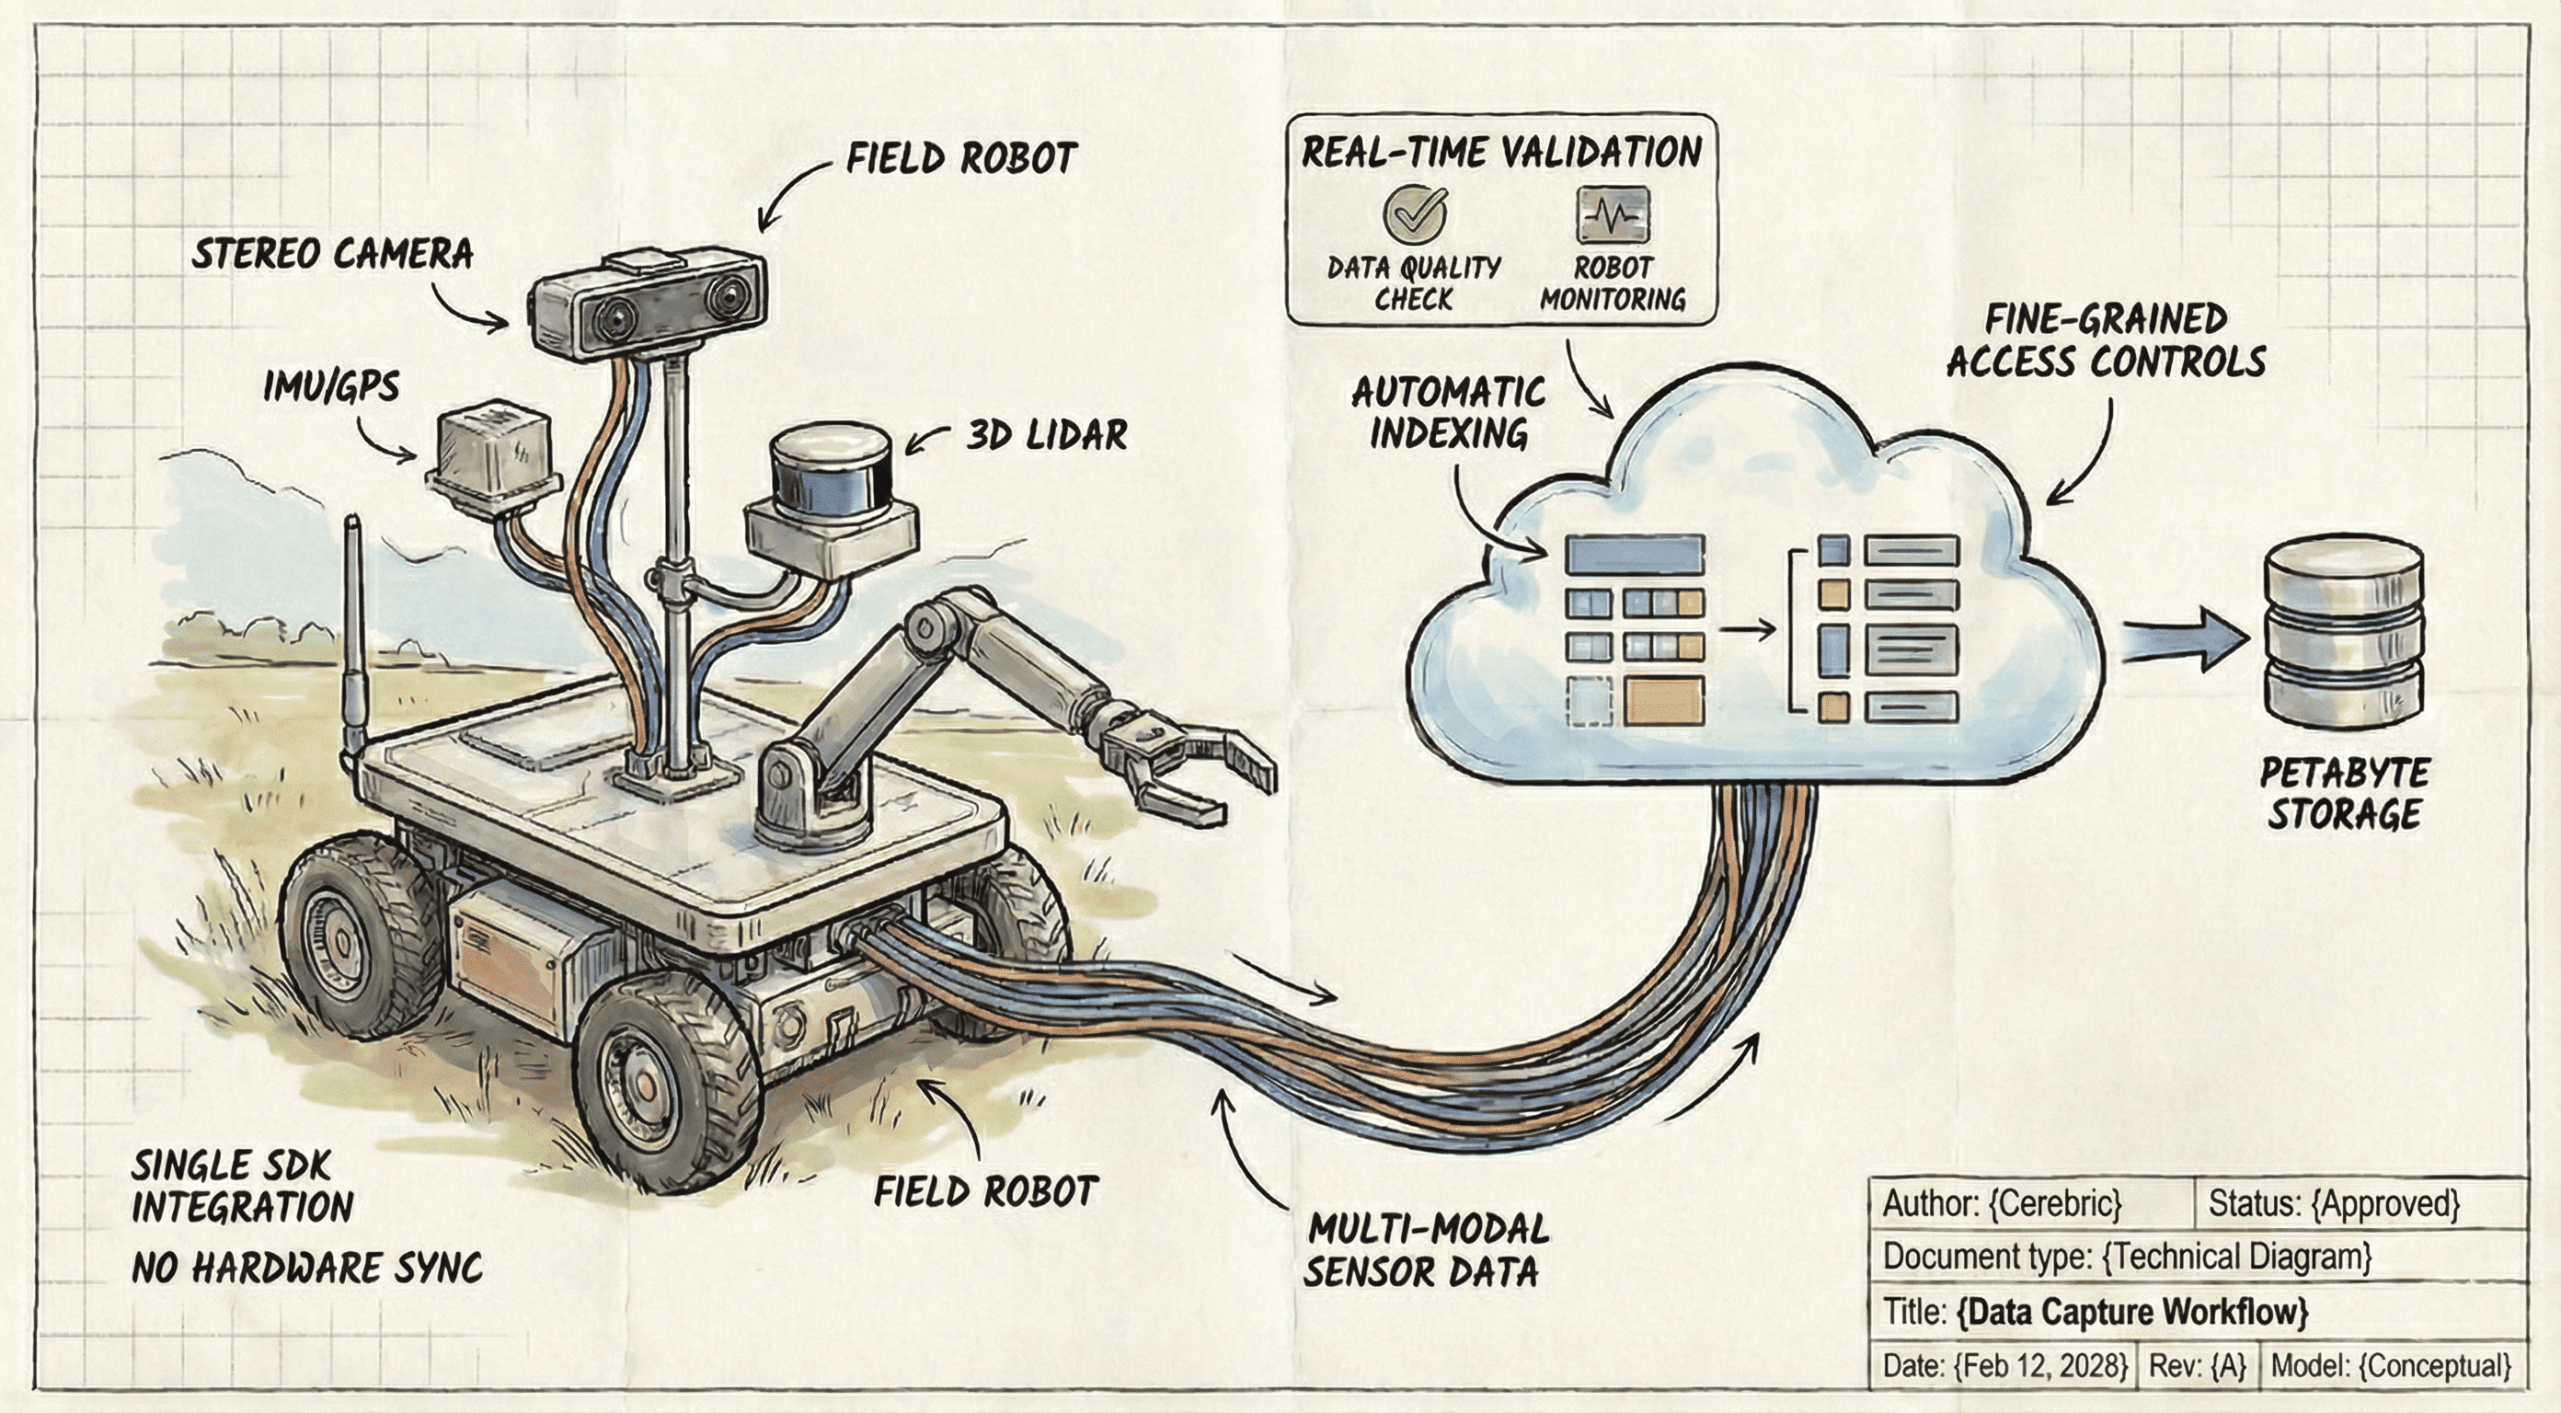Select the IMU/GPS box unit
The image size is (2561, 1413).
click(x=492, y=457)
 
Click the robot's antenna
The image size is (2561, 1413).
click(x=354, y=637)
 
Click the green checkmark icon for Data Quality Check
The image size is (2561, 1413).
click(x=1415, y=213)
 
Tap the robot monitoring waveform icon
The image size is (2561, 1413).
click(x=1612, y=213)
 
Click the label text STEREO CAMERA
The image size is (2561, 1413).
click(x=332, y=255)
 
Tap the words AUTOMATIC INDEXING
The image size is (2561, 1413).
click(x=1448, y=413)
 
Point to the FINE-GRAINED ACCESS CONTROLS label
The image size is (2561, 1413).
click(x=2106, y=341)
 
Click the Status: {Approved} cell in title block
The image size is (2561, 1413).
click(x=2332, y=1204)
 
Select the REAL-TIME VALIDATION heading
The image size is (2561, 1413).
click(x=1501, y=153)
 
